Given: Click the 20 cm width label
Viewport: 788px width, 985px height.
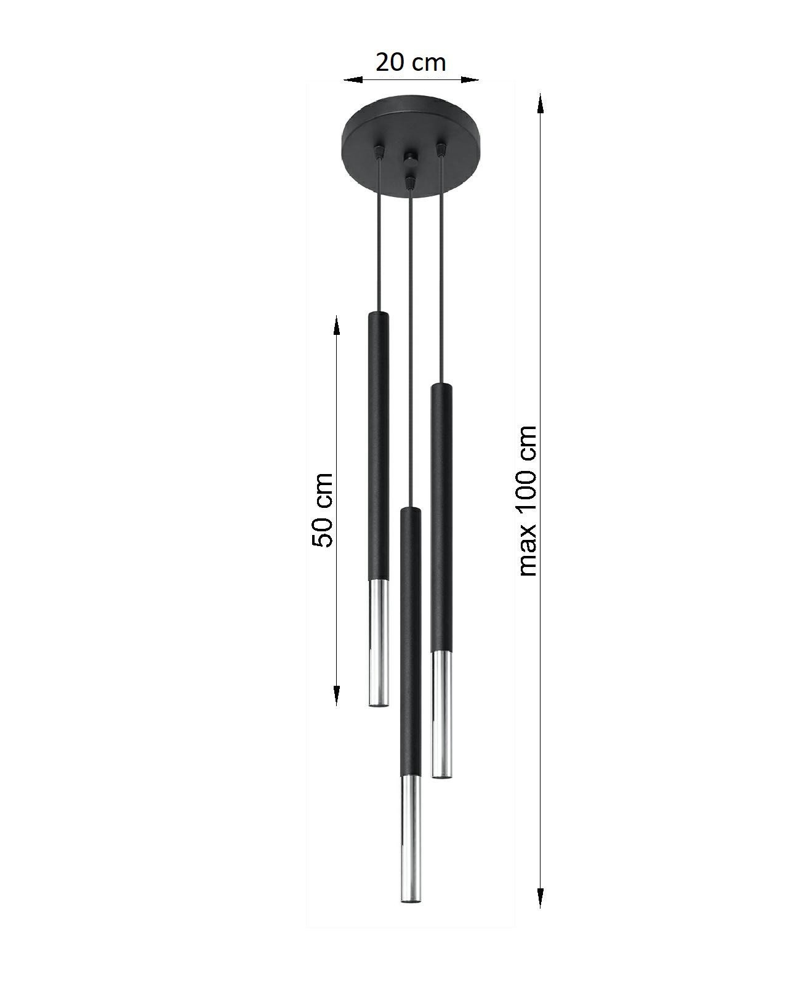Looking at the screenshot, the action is coord(411,63).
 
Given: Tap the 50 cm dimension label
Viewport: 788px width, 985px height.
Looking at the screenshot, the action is coord(322,510).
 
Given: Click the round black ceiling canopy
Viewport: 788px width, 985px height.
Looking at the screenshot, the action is coord(411,147).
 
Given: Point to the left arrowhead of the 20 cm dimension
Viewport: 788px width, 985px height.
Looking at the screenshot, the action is coord(353,80).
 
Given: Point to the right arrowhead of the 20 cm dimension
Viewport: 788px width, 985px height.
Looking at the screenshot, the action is coord(470,80).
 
